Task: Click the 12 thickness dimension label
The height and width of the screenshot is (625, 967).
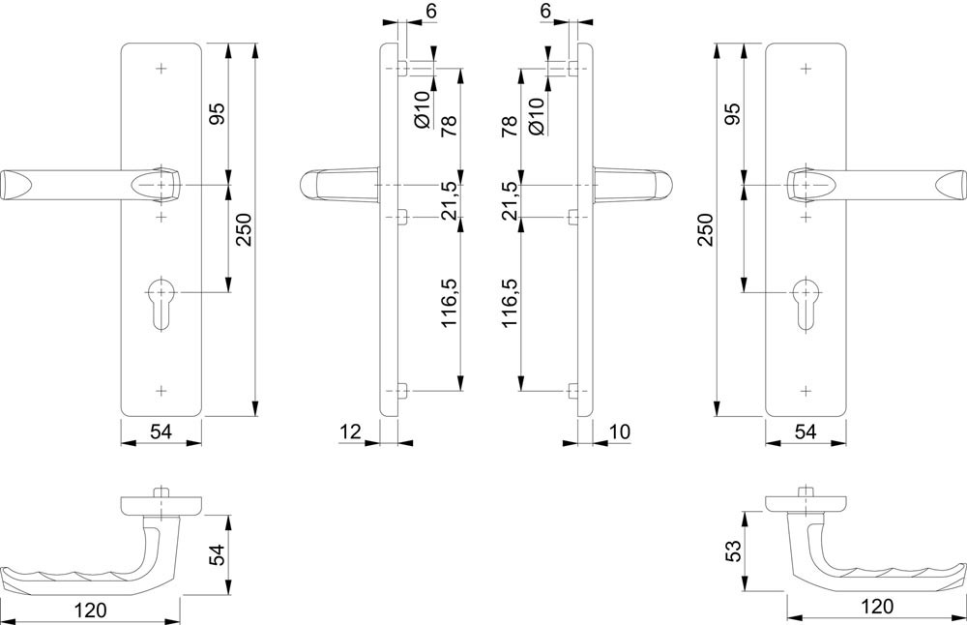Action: coord(350,432)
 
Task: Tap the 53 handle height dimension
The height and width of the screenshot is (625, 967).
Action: coord(733,551)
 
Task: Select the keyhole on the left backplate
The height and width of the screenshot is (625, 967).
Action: coord(161,305)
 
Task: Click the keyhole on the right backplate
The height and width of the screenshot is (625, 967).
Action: coord(806,305)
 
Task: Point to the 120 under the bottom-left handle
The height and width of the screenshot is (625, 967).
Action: coord(91,610)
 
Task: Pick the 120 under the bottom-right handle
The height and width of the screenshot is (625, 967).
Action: coord(876,607)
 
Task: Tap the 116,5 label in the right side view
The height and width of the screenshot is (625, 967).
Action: coord(510,302)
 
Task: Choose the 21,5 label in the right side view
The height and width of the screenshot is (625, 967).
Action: coord(510,200)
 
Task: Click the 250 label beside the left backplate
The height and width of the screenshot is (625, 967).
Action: coord(245,229)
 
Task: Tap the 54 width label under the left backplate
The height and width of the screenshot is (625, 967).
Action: coord(161,432)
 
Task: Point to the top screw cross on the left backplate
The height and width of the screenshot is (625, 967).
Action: coord(161,68)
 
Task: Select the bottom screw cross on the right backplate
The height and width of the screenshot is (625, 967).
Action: coord(806,391)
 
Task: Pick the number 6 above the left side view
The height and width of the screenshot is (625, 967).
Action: coord(431,11)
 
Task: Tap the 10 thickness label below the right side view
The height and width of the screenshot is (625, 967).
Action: coord(619,432)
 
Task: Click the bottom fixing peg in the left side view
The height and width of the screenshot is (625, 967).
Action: coord(402,391)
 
